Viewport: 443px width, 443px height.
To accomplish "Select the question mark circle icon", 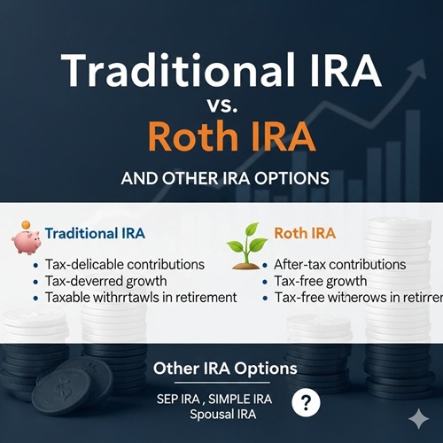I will click(x=306, y=403).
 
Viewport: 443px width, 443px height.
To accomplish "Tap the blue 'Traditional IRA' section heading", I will click(x=95, y=234).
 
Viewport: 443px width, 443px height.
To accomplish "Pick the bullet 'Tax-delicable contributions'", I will click(x=124, y=264).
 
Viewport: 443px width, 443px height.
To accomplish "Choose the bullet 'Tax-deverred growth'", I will click(x=105, y=281).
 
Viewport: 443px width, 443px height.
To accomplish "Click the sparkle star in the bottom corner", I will click(x=417, y=418).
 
